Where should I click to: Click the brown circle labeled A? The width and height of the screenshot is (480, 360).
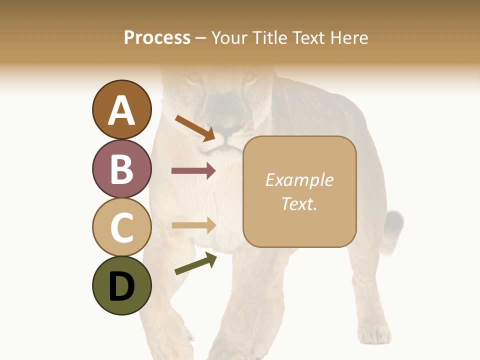pos(121,109)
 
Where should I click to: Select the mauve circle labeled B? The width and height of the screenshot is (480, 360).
pos(121,168)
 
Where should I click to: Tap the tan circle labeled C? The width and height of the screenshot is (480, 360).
pos(121,227)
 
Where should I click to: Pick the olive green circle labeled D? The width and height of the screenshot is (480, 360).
pos(121,285)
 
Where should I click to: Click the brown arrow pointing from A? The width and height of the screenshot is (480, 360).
pos(195,128)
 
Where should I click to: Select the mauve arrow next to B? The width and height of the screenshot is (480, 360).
pos(193,171)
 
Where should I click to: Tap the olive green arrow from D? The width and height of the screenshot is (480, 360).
pos(195,263)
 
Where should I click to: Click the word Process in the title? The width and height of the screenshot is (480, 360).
pos(157,37)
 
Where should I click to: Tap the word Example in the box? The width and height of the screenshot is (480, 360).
pos(299,180)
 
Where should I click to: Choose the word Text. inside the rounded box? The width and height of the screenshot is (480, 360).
pos(299,203)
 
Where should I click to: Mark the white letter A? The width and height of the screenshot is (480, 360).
pos(121,110)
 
